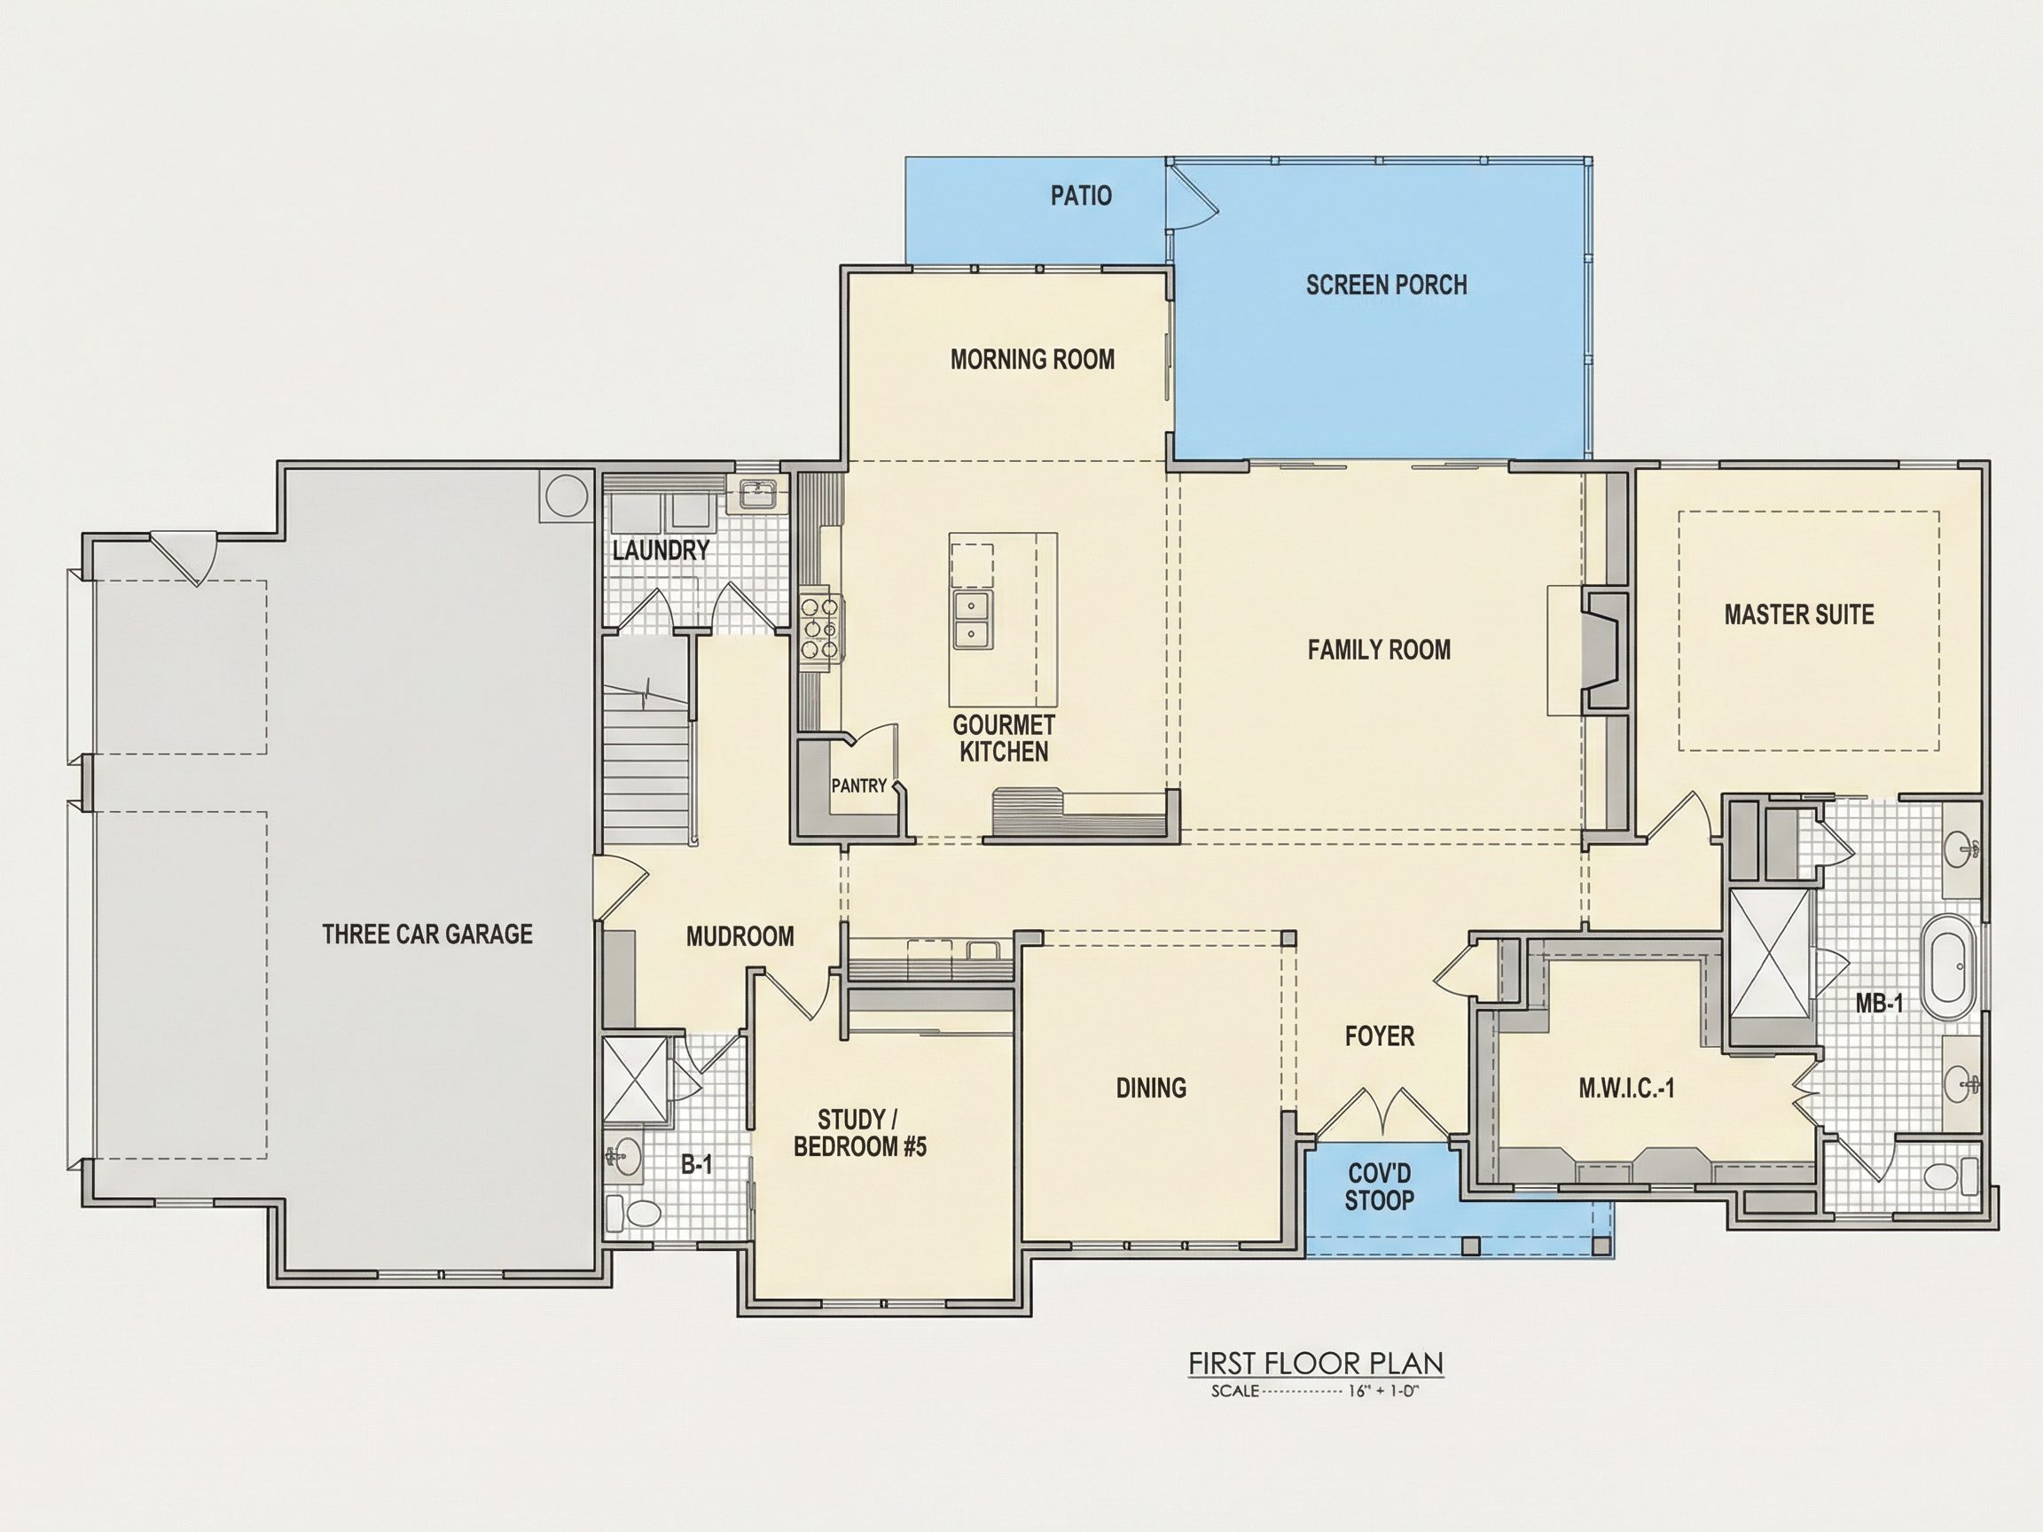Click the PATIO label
click(x=1081, y=196)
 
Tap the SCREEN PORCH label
click(x=1386, y=285)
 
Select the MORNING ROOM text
click(x=1032, y=358)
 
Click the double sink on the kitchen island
click(x=970, y=620)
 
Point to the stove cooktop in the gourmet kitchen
click(x=819, y=629)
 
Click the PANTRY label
click(x=859, y=786)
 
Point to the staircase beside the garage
click(x=647, y=739)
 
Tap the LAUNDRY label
click(x=661, y=551)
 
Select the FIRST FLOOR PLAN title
click(x=1315, y=1363)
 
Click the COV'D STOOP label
click(x=1379, y=1186)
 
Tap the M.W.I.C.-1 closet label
click(x=1626, y=1089)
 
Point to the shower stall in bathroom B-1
click(x=635, y=1079)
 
